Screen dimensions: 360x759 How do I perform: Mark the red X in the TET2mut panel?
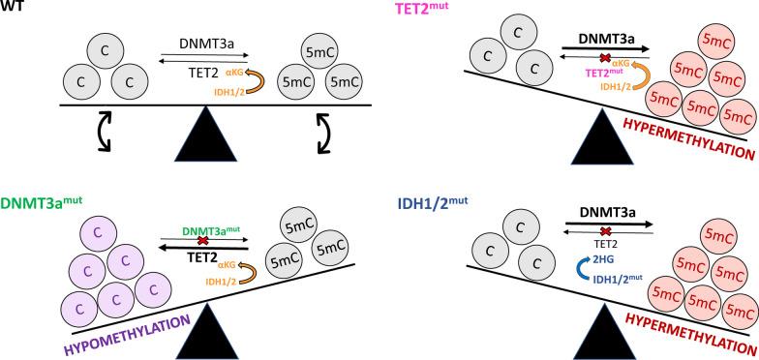[606, 59]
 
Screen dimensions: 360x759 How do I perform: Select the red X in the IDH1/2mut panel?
[606, 232]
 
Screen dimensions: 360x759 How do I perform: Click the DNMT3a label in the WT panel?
[204, 45]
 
